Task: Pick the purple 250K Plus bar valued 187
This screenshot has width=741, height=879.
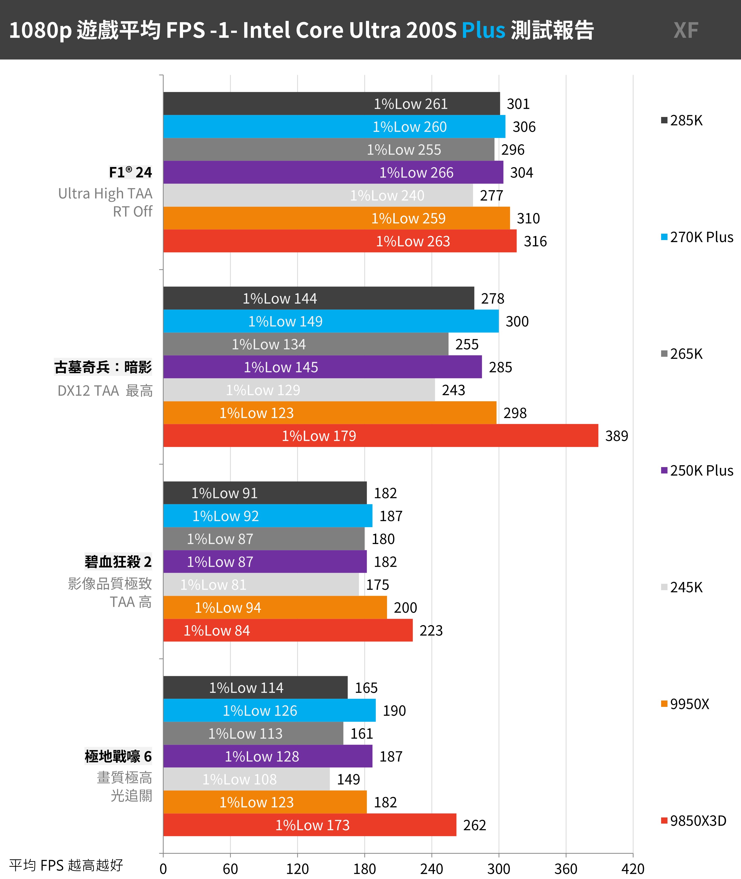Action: coord(268,756)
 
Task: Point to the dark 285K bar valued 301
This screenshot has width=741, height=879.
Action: coord(331,104)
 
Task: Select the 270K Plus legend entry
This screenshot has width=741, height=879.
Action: coord(697,237)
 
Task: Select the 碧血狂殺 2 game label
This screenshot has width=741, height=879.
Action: coord(118,562)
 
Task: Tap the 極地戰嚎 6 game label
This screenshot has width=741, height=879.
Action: coord(118,756)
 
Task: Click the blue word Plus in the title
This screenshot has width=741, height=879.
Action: coord(483,30)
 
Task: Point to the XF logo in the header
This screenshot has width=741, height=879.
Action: coord(686,30)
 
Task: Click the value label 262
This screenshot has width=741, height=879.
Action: coord(474,825)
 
